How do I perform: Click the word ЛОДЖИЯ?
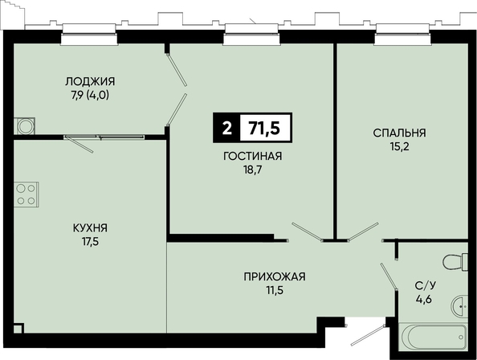click(x=90, y=81)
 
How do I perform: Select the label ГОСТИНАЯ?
click(x=252, y=156)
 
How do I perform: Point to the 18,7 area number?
click(x=252, y=170)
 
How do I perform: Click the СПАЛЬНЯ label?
click(x=399, y=133)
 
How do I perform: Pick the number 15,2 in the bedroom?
click(x=399, y=147)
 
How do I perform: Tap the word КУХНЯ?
click(x=91, y=228)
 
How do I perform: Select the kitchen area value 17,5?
click(x=91, y=242)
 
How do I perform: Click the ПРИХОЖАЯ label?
click(x=275, y=276)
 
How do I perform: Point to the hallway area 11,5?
click(x=275, y=290)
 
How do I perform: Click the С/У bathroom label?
click(x=426, y=285)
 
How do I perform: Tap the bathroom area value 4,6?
click(x=424, y=300)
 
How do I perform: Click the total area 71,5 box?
click(x=266, y=128)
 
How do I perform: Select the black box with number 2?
click(x=226, y=128)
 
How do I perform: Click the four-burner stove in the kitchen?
click(x=26, y=194)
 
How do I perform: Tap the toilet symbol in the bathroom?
click(x=455, y=261)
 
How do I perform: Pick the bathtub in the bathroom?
click(x=434, y=337)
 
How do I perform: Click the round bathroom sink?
click(x=459, y=307)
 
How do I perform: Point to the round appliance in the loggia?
click(x=25, y=126)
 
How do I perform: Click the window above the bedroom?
click(x=402, y=35)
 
